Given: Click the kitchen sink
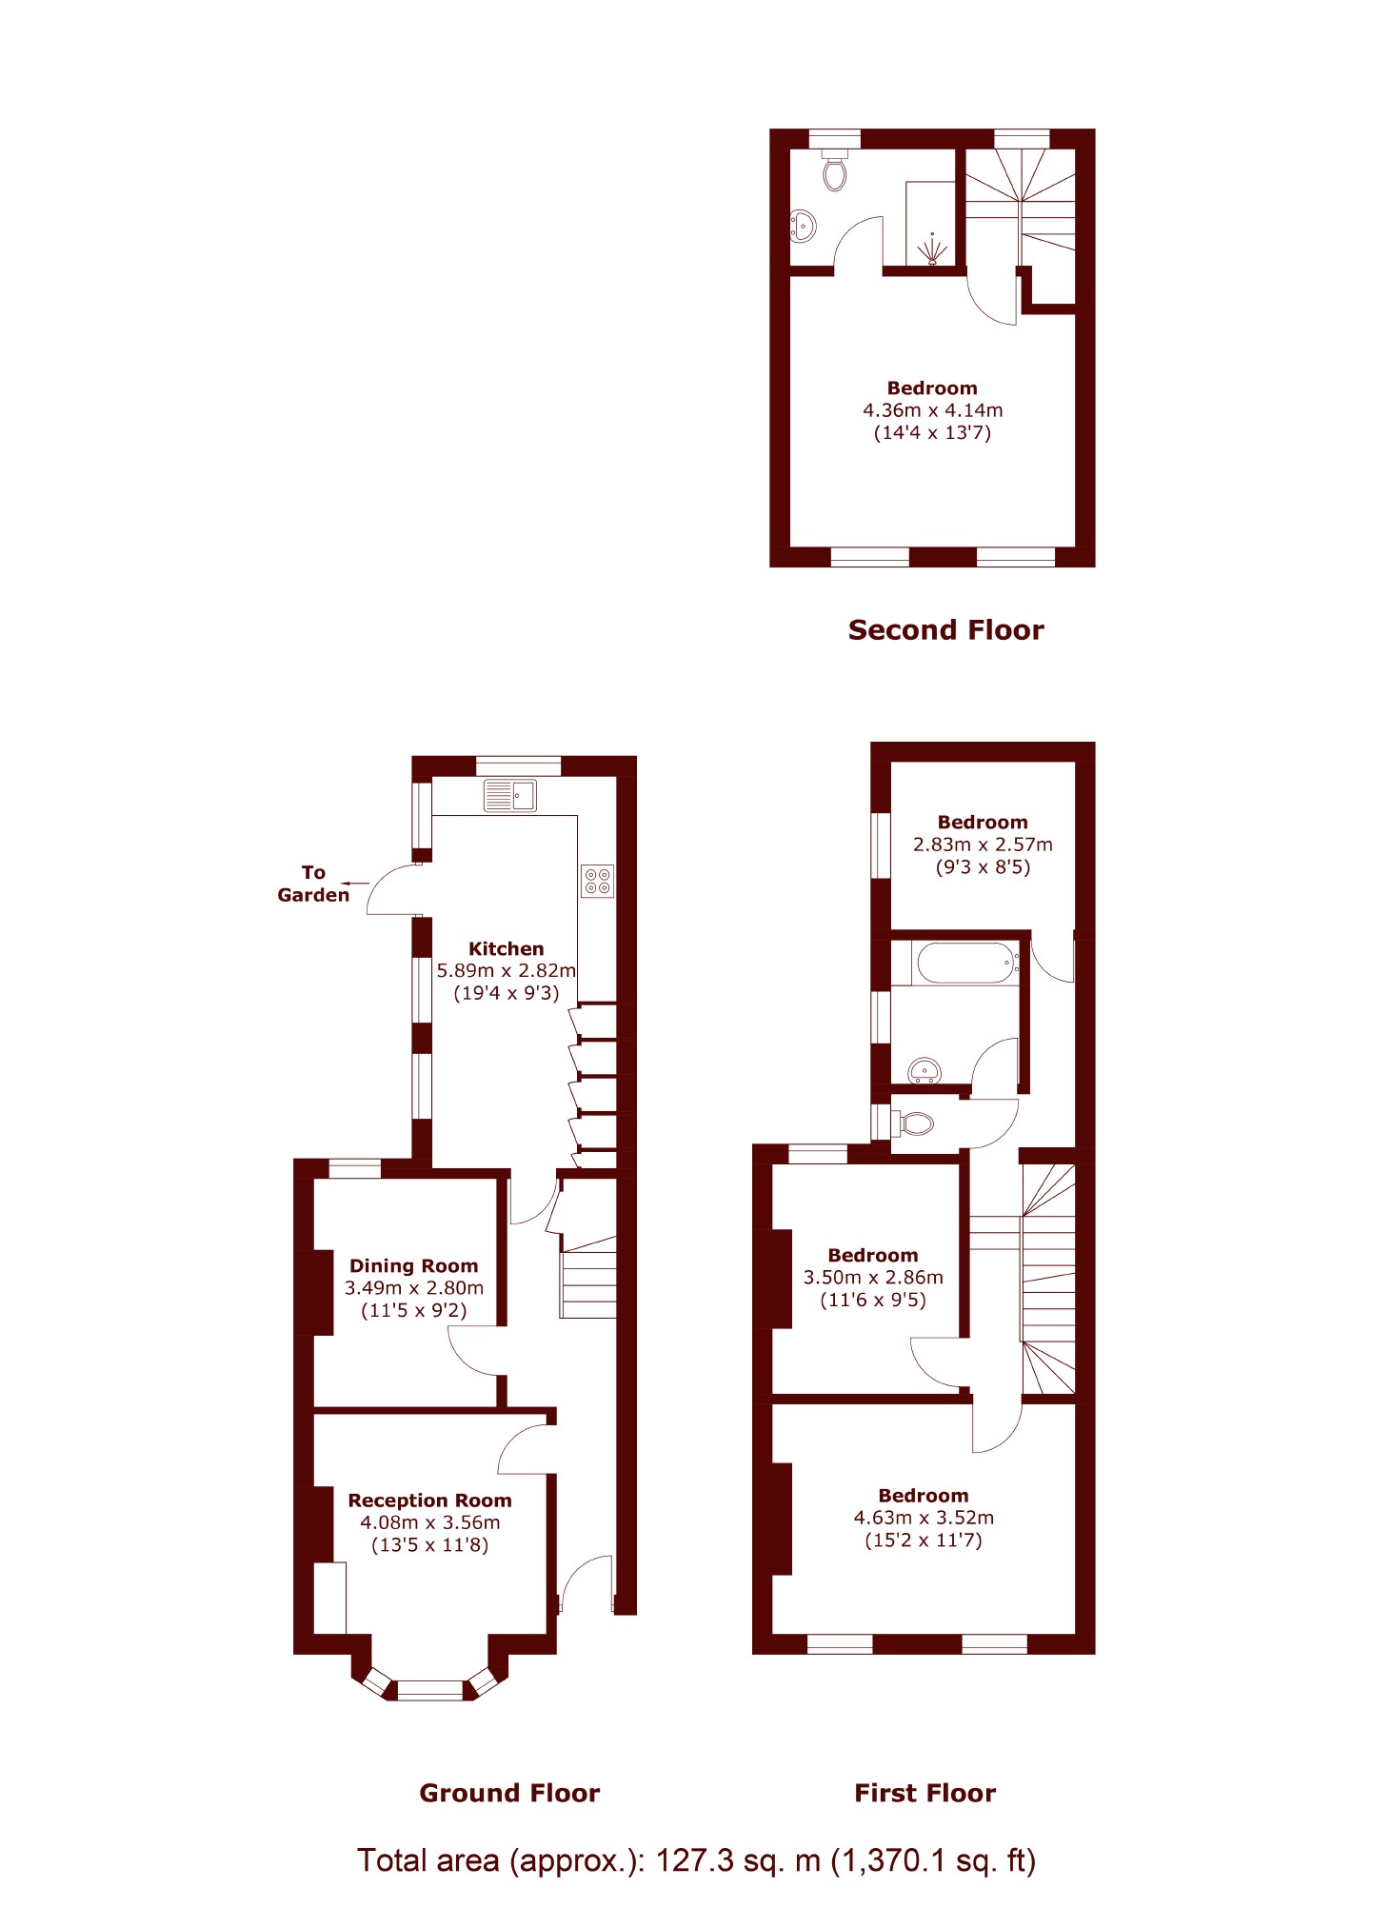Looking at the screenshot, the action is tap(509, 795).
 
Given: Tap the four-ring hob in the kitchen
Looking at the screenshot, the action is tap(597, 881).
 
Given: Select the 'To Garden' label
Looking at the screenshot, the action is tap(313, 884).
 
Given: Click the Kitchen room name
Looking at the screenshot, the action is tap(506, 948).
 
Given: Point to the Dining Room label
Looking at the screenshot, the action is tap(413, 1265).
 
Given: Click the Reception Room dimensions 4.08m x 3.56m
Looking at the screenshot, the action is tap(429, 1522).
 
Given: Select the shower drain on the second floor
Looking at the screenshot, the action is tap(932, 251).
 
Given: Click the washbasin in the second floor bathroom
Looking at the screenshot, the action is tap(803, 227).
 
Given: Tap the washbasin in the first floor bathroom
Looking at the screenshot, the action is tap(925, 1072).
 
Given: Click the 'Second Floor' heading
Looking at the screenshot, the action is tap(945, 630).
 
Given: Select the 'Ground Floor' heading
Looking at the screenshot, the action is tap(509, 1794).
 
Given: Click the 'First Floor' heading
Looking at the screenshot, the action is tap(925, 1794).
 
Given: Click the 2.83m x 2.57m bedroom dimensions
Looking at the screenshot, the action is tap(983, 845).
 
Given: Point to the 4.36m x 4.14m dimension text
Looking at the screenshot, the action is tap(932, 410).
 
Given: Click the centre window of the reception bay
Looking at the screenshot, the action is tap(429, 1690).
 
